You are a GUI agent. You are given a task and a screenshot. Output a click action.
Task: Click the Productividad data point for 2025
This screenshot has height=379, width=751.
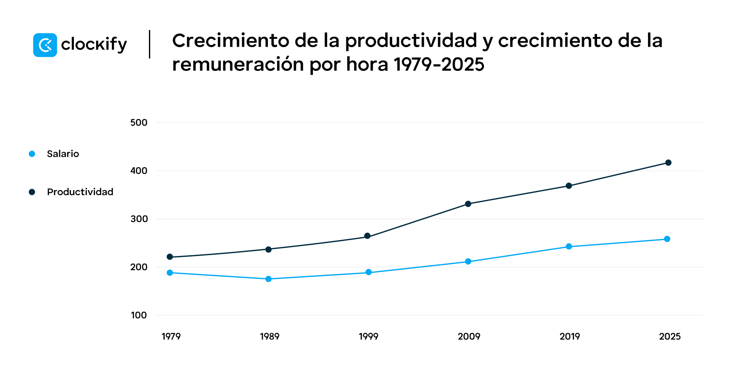668,163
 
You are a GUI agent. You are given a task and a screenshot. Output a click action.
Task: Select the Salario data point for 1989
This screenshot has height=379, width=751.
269,279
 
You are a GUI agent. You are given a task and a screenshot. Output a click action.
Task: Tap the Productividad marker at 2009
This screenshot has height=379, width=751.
468,204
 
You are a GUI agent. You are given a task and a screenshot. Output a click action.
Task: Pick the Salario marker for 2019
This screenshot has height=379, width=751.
569,246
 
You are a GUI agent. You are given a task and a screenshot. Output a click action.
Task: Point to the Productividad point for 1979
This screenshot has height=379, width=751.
170,257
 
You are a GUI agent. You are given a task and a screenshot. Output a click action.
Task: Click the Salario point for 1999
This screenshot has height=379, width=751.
368,272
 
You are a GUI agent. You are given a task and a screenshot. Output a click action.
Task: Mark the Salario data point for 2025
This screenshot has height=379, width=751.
667,239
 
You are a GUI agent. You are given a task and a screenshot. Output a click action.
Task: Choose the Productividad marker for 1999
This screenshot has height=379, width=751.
368,236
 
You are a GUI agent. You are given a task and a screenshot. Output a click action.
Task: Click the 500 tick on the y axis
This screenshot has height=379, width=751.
139,123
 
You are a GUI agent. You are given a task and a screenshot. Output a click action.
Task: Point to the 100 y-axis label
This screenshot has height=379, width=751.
139,315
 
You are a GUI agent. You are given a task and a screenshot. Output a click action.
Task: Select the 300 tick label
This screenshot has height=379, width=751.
139,219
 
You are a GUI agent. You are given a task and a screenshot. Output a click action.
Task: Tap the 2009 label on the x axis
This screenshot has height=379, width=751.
469,336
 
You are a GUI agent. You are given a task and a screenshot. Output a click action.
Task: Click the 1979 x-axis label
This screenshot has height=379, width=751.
171,336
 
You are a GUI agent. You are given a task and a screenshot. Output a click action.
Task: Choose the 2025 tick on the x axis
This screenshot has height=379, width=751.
670,336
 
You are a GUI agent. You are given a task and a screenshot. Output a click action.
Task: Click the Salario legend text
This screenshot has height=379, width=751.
63,154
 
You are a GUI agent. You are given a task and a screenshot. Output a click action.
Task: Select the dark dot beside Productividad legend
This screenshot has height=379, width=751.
32,192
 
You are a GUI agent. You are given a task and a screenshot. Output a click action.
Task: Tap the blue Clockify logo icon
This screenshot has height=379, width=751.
45,45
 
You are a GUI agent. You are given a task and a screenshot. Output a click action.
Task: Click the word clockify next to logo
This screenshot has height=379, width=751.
94,45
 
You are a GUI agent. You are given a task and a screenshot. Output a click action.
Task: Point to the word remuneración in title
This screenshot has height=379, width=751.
238,64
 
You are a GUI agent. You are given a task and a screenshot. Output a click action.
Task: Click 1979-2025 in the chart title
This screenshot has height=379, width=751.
439,64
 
